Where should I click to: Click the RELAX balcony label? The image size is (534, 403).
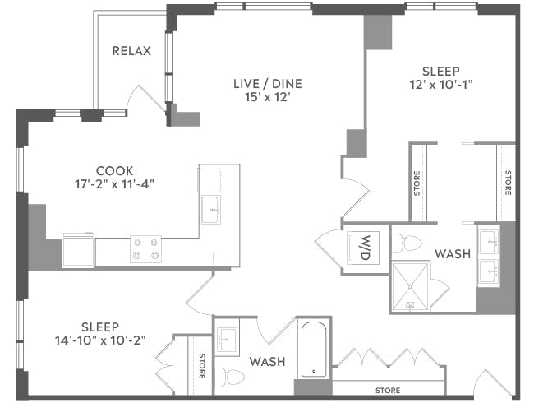point(131,51)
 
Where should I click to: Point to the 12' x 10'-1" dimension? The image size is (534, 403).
point(440,85)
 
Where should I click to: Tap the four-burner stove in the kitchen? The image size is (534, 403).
point(145,249)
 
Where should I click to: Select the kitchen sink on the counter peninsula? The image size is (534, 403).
point(213,206)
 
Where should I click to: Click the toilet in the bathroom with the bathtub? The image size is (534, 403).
point(231,378)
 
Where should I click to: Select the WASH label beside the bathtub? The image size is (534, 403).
point(267,362)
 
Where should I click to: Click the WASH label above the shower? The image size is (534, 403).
point(452,253)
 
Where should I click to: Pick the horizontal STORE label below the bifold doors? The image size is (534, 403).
point(388,390)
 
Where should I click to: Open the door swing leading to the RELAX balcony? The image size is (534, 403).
point(146,101)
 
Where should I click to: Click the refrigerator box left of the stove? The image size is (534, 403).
point(79,249)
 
